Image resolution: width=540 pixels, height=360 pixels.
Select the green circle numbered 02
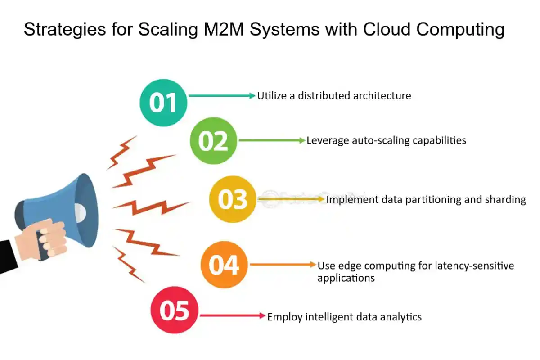pyautogui.click(x=213, y=141)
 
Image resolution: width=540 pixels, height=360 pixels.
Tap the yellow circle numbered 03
pyautogui.click(x=233, y=199)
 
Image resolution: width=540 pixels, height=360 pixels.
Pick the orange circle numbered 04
pyautogui.click(x=224, y=265)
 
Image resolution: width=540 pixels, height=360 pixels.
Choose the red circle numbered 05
pyautogui.click(x=174, y=310)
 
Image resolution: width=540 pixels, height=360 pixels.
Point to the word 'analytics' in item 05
pyautogui.click(x=398, y=317)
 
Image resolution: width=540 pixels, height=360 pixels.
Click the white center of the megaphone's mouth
pyautogui.click(x=80, y=210)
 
